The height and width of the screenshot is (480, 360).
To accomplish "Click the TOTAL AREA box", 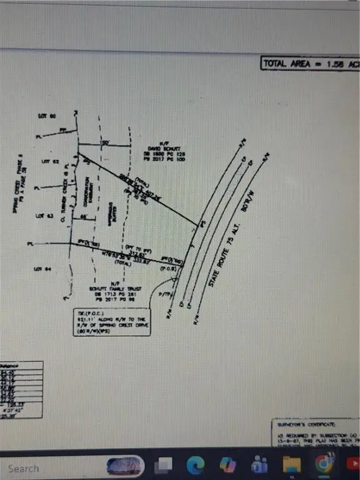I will (x=310, y=63).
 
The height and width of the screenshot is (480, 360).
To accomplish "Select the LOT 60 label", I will (x=47, y=116).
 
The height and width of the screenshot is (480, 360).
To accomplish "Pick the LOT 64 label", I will (x=43, y=269).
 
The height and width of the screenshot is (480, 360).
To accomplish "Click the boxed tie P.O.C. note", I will (x=110, y=322).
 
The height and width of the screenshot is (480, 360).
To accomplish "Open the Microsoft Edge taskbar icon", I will (x=196, y=465).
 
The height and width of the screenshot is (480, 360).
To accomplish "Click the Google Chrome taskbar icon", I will (x=324, y=465).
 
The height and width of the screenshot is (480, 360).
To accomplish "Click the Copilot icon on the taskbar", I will (x=228, y=465).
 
